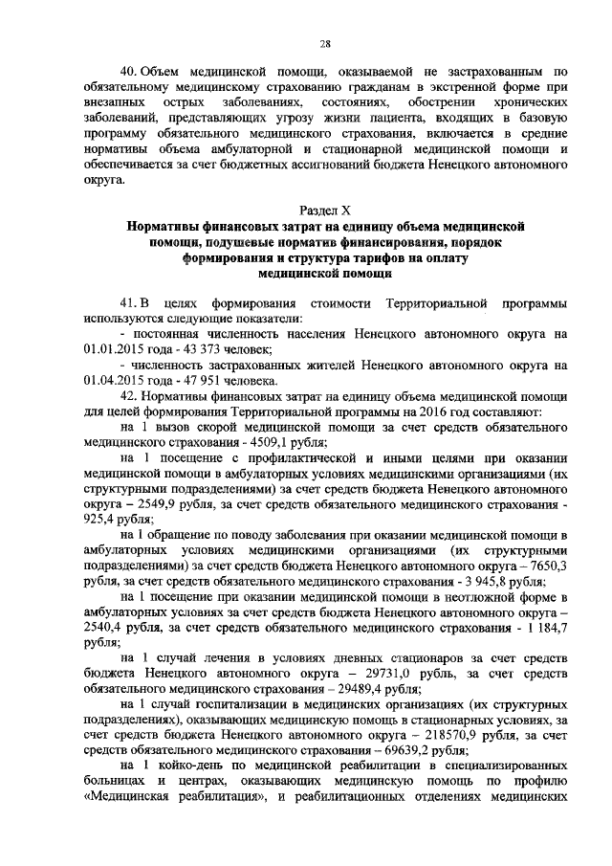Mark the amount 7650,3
pyautogui.click(x=545, y=566)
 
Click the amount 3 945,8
pyautogui.click(x=470, y=583)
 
